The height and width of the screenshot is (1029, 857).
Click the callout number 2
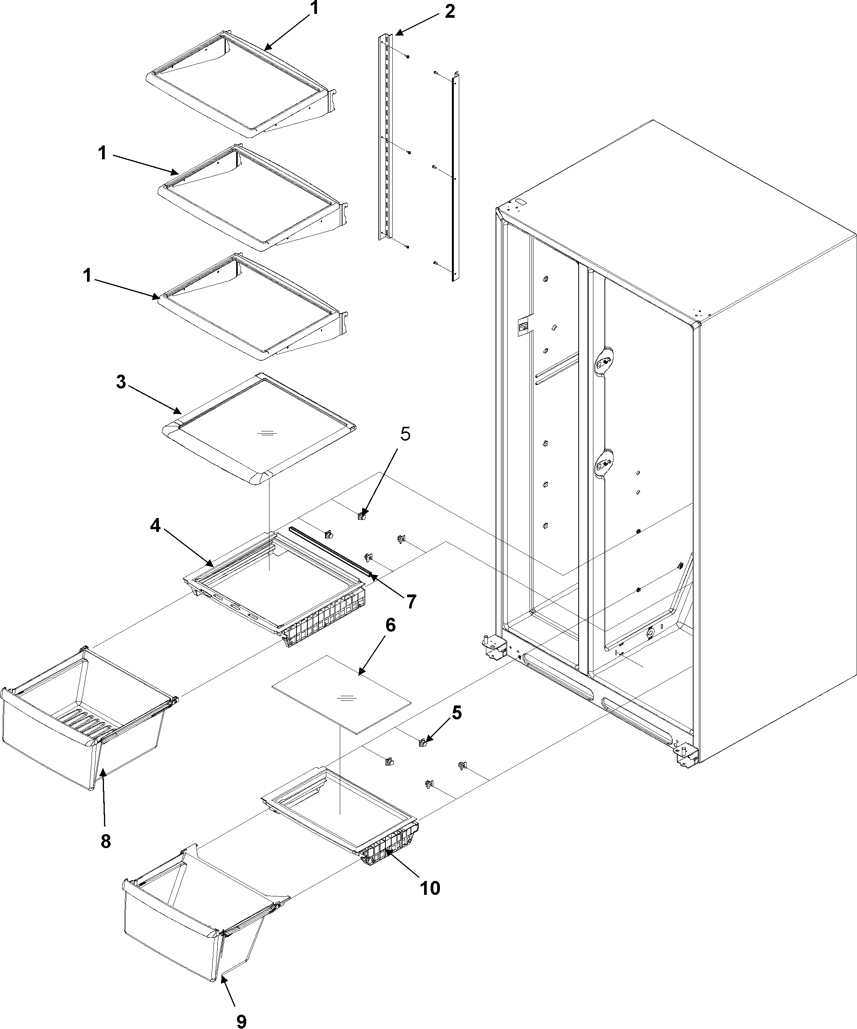point(449,11)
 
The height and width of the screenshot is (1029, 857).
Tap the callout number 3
point(121,382)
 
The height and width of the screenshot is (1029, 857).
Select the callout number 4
point(155,526)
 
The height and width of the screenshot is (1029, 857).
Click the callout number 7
point(410,601)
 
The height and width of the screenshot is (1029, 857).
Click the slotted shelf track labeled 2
point(386,137)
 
